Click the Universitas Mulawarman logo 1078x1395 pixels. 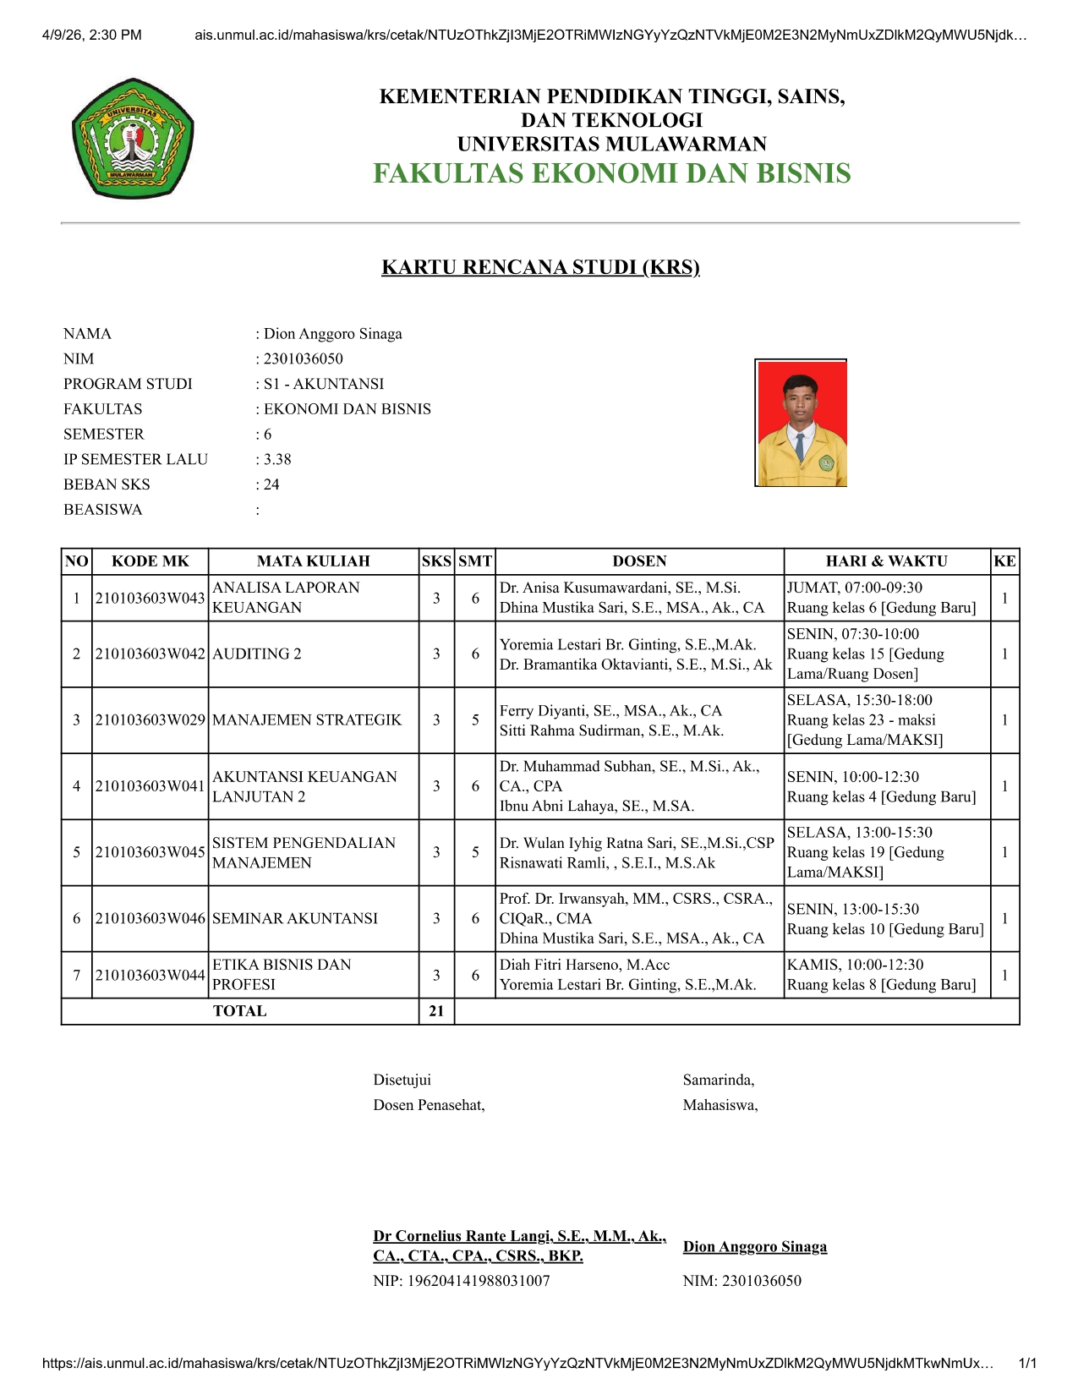coord(133,139)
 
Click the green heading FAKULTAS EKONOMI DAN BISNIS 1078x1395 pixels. coord(611,173)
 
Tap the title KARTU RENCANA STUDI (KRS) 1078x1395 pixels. coord(540,267)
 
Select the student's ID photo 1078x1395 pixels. coord(801,423)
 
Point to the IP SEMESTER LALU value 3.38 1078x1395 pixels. coord(277,459)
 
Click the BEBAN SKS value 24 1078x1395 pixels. coord(271,484)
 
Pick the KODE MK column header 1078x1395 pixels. coord(150,561)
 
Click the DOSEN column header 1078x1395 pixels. coord(639,561)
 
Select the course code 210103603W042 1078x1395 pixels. coord(150,654)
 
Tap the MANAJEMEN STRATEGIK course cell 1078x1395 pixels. coord(307,719)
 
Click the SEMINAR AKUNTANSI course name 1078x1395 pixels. coord(295,918)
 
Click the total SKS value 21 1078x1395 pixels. coord(436,1011)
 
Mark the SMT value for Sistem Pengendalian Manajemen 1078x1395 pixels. coord(475,852)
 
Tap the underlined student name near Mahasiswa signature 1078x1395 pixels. coord(755,1247)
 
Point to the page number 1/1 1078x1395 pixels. coord(1027,1363)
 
